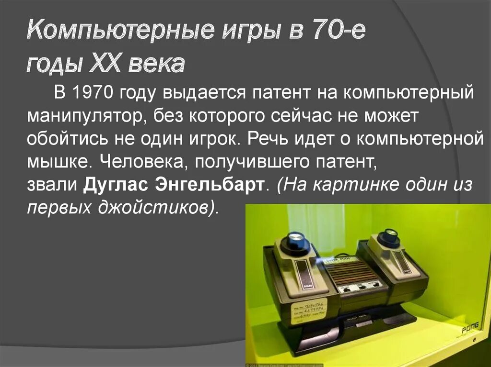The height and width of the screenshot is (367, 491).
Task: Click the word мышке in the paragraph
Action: pos(57,162)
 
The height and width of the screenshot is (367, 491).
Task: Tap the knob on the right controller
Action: pos(388,237)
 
